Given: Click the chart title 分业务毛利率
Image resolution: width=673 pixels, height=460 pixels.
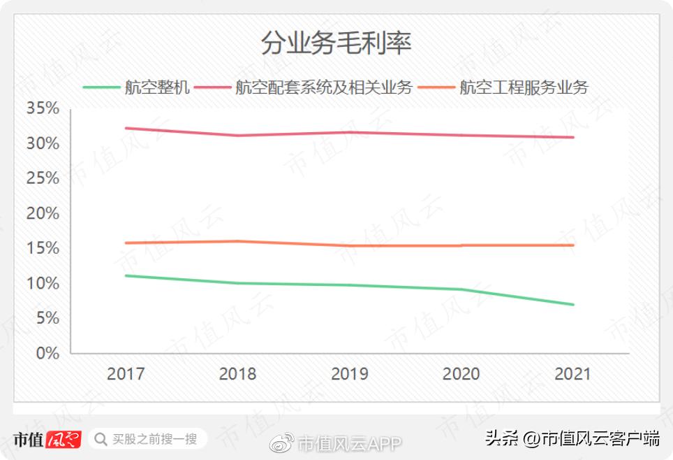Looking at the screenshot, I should click(x=336, y=43).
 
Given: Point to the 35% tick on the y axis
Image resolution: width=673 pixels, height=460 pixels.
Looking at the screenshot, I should click(x=43, y=108).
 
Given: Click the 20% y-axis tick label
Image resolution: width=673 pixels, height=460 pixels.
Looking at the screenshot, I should click(x=43, y=213).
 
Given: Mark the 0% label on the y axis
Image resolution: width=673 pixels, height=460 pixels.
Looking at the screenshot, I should click(x=47, y=353).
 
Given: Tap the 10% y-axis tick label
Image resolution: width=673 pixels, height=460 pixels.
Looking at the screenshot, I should click(x=43, y=283).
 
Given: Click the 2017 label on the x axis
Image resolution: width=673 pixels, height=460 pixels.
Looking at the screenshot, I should click(x=126, y=374).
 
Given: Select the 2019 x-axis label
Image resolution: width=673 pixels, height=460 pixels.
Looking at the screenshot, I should click(x=350, y=374).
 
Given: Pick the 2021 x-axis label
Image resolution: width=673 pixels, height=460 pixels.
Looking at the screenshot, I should click(x=573, y=374).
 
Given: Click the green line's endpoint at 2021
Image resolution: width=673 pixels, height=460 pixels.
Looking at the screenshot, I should click(x=573, y=305).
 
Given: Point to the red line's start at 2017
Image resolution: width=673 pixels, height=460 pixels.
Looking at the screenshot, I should click(x=126, y=128).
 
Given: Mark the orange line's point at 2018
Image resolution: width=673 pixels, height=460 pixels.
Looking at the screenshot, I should click(x=238, y=241).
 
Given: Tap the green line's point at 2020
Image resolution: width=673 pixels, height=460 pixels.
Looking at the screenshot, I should click(x=461, y=289).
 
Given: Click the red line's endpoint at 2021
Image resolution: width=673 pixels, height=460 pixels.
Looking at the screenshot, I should click(x=573, y=138).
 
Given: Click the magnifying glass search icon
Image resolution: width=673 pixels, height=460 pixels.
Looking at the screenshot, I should click(x=101, y=439).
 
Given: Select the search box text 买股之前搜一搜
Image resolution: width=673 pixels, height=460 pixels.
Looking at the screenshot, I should click(x=155, y=439).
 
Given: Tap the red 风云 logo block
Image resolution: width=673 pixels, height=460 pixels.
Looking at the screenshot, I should click(x=64, y=440).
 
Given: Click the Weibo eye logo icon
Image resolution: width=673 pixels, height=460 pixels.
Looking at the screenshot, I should click(x=283, y=442).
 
